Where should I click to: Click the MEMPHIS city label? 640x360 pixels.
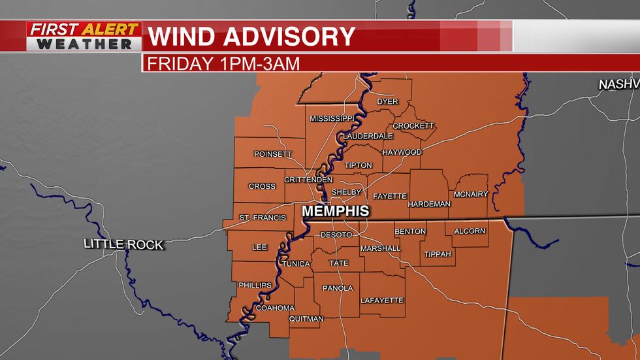pos(335,211)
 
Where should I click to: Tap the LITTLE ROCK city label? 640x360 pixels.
pos(123,244)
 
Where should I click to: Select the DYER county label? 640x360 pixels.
pos(387,102)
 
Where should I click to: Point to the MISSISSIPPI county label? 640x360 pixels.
pos(331,118)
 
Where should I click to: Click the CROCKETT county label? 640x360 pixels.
pos(413,126)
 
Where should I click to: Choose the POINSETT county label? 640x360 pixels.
pos(273,154)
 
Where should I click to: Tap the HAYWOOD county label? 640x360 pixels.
pos(402,152)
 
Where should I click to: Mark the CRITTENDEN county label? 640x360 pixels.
pos(308,180)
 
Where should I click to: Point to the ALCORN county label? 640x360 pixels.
pos(470,231)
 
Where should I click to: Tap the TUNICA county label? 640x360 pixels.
pos(295,263)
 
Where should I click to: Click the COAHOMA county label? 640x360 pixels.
pos(275,308)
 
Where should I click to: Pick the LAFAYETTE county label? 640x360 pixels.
pos(382,301)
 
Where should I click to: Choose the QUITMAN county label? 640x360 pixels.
pos(306,319)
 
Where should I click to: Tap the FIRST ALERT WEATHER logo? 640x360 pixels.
pos(84,37)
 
